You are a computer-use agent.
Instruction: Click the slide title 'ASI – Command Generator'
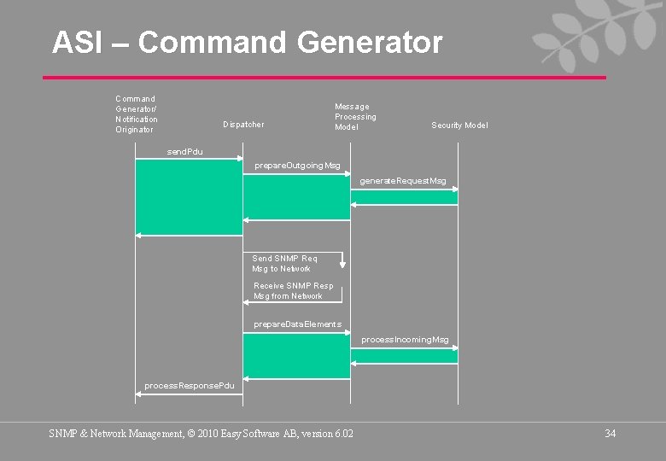click(x=247, y=42)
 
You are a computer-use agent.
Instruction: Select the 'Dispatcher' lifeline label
click(x=243, y=125)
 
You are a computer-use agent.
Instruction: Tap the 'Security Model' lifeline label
click(x=459, y=125)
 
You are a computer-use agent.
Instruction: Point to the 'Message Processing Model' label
click(x=355, y=117)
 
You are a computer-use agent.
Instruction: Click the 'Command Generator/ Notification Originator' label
click(x=137, y=114)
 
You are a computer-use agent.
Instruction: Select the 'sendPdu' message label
click(x=185, y=152)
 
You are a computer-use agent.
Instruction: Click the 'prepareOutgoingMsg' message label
click(x=297, y=166)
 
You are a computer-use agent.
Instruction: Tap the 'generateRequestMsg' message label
click(x=402, y=181)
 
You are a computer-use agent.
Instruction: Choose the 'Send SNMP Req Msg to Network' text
click(x=284, y=264)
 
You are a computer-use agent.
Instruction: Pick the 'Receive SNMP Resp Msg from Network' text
click(x=293, y=291)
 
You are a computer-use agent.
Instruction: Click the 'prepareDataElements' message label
click(x=297, y=324)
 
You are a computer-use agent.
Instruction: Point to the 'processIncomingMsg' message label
click(x=405, y=340)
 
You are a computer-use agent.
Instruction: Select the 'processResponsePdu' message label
click(x=189, y=386)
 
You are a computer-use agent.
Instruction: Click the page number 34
click(x=610, y=434)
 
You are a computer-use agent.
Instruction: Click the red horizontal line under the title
click(x=324, y=78)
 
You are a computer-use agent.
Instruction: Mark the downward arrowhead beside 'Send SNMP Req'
click(x=342, y=265)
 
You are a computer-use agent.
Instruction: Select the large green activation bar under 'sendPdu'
click(x=189, y=197)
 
